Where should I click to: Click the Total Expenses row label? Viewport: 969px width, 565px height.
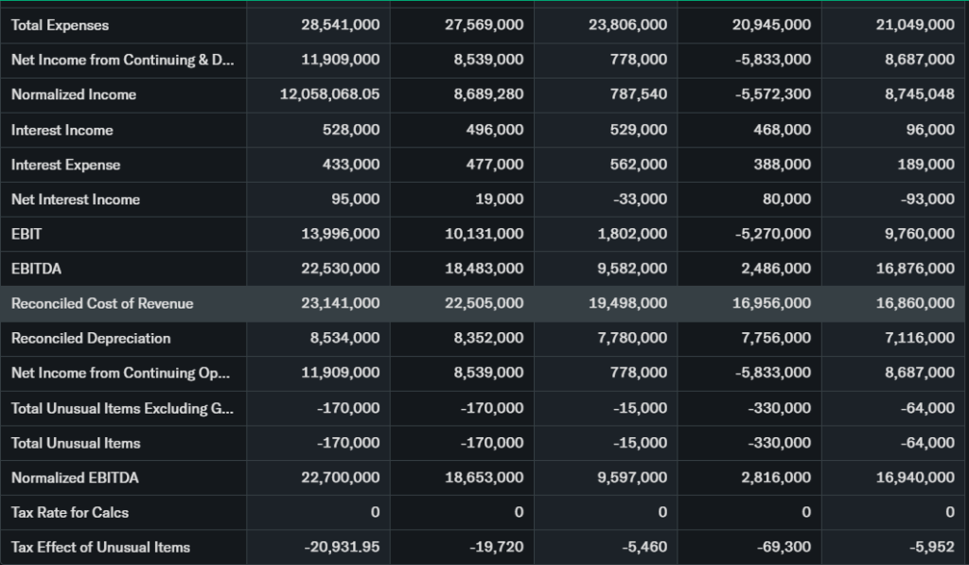click(60, 26)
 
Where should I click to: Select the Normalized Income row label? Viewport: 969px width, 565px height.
click(74, 95)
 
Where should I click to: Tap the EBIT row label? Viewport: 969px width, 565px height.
click(26, 234)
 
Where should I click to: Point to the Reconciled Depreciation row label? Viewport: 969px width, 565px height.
click(91, 338)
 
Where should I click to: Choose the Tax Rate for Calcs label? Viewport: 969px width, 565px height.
click(70, 512)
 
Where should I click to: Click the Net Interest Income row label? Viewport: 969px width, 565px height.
click(76, 199)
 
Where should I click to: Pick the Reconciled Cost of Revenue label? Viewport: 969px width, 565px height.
click(102, 303)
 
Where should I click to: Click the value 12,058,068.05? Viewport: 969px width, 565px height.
click(330, 95)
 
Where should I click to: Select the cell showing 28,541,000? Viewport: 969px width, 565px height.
click(341, 26)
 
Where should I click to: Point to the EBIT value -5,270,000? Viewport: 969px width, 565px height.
click(772, 234)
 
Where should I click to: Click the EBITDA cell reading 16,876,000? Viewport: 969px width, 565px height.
click(915, 269)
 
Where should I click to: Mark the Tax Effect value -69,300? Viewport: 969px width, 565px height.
click(785, 547)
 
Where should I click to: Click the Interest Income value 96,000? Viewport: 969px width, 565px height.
click(930, 130)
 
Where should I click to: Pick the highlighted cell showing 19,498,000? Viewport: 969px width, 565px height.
click(627, 303)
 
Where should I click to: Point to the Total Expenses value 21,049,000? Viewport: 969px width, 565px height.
click(915, 26)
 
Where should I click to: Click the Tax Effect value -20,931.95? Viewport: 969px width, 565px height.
click(343, 547)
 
